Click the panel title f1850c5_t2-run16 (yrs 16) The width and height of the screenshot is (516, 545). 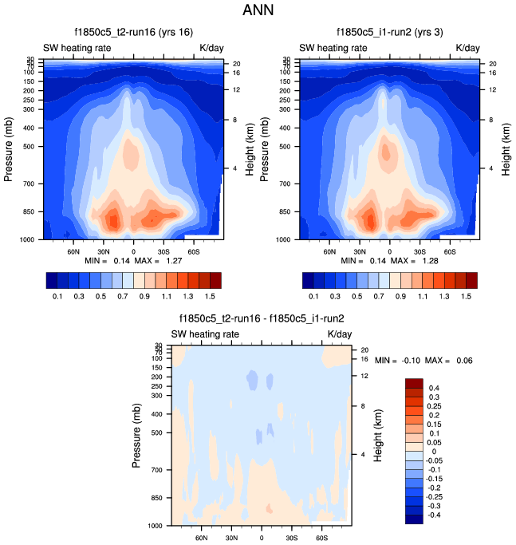coord(133,33)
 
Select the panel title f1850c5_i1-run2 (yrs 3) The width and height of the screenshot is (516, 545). coord(390,33)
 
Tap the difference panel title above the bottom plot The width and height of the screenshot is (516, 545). coord(262,318)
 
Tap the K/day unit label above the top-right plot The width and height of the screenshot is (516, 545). coord(468,48)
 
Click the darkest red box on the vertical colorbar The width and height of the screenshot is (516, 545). coord(414,383)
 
